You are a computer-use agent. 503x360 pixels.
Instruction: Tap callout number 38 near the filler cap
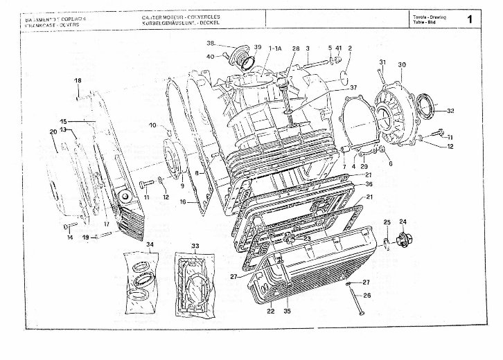(x=211, y=43)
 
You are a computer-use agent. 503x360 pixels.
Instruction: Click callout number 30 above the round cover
(x=401, y=64)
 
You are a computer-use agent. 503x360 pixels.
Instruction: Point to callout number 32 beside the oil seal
(x=450, y=110)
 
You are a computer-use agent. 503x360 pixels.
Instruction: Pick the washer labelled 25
(x=385, y=242)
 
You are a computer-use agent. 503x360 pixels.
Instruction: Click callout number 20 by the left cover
(x=53, y=132)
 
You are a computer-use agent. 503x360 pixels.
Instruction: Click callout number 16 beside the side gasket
(x=183, y=201)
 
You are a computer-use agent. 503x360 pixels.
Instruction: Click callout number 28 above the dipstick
(x=295, y=48)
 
